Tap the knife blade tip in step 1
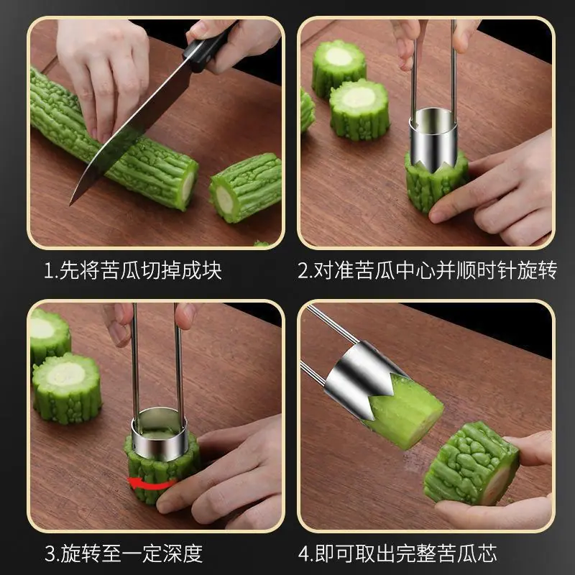point(70,205)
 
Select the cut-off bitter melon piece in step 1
point(246,188)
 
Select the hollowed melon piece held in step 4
point(471,463)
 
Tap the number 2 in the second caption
point(303,271)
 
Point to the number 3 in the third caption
point(50,553)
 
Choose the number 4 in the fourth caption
point(304,553)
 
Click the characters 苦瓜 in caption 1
point(119,271)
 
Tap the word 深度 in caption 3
point(183,553)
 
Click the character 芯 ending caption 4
point(487,553)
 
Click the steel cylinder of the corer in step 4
point(356,378)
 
